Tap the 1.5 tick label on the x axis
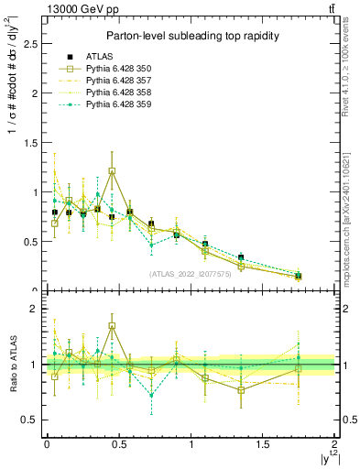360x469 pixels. (262, 443)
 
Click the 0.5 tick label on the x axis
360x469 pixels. (118, 443)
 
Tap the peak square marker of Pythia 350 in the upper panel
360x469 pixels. (112, 171)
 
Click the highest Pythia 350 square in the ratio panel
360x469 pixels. (112, 326)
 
